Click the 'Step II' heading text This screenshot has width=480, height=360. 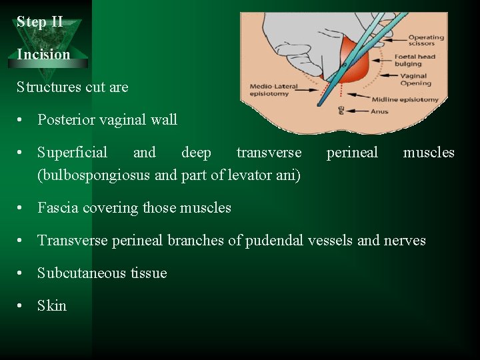pyautogui.click(x=40, y=22)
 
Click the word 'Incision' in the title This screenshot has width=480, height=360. pyautogui.click(x=43, y=55)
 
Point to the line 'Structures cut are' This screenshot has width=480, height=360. pyautogui.click(x=72, y=87)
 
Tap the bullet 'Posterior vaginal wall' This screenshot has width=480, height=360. pyautogui.click(x=107, y=120)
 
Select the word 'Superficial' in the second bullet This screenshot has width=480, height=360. pyautogui.click(x=72, y=153)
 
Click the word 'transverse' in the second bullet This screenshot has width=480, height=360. pyautogui.click(x=269, y=153)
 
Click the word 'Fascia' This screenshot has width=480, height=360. pyautogui.click(x=59, y=208)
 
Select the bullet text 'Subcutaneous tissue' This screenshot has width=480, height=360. pyautogui.click(x=102, y=273)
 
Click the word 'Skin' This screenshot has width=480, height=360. pyautogui.click(x=52, y=306)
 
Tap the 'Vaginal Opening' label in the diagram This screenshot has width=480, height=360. pyautogui.click(x=415, y=80)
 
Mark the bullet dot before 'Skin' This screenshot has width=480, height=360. pyautogui.click(x=23, y=306)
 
